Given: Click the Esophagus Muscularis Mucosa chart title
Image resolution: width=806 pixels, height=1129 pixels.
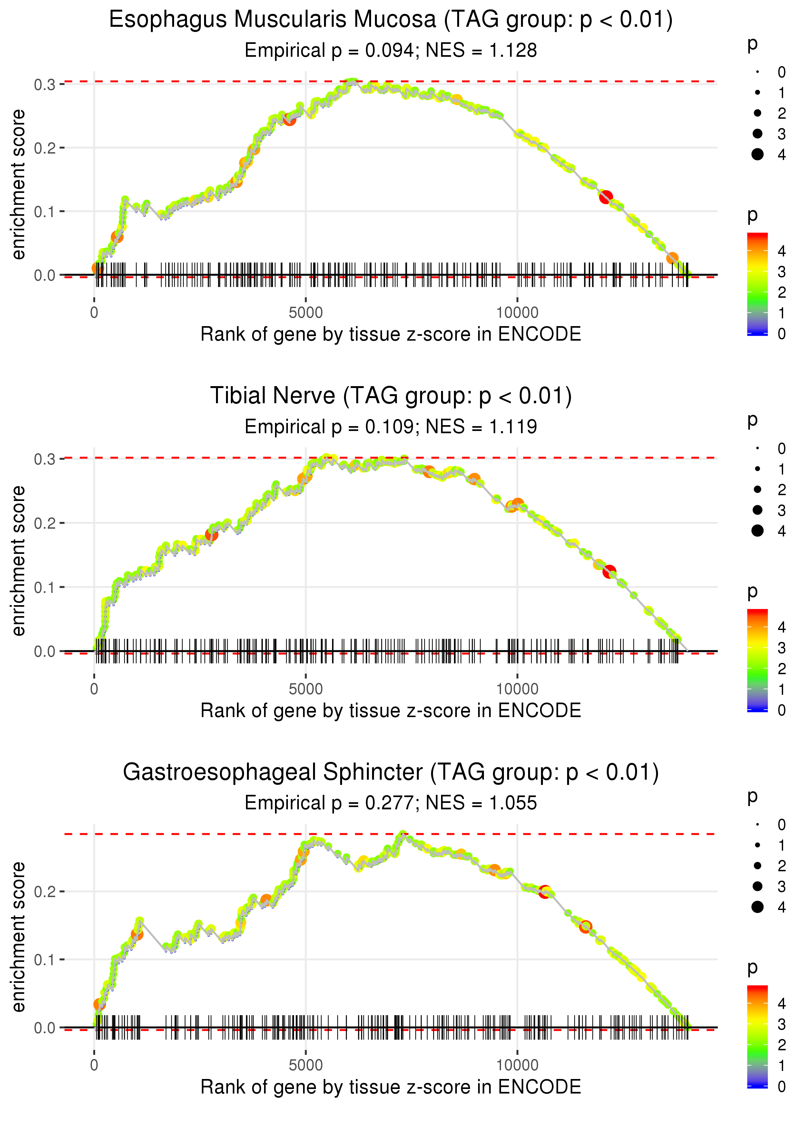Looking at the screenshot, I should tap(391, 20).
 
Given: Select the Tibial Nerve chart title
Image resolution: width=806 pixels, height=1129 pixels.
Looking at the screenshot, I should tap(391, 396).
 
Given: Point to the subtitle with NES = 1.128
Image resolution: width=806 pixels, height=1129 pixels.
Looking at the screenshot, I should tap(391, 51).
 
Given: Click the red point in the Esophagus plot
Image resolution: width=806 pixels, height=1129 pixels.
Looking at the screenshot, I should tap(605, 197).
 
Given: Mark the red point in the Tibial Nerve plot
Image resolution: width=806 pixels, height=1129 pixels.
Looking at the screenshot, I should tap(609, 572).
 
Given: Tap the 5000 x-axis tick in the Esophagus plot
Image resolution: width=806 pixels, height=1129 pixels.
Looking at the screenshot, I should tap(305, 313).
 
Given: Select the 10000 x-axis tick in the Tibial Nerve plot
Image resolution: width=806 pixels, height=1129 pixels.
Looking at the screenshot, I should tap(517, 689).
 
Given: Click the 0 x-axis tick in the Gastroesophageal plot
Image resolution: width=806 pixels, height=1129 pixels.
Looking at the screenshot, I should tap(94, 1065).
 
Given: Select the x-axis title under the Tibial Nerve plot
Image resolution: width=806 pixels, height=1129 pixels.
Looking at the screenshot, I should tap(391, 711).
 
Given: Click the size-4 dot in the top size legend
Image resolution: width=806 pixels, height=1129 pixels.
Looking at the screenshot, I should tap(757, 155).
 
